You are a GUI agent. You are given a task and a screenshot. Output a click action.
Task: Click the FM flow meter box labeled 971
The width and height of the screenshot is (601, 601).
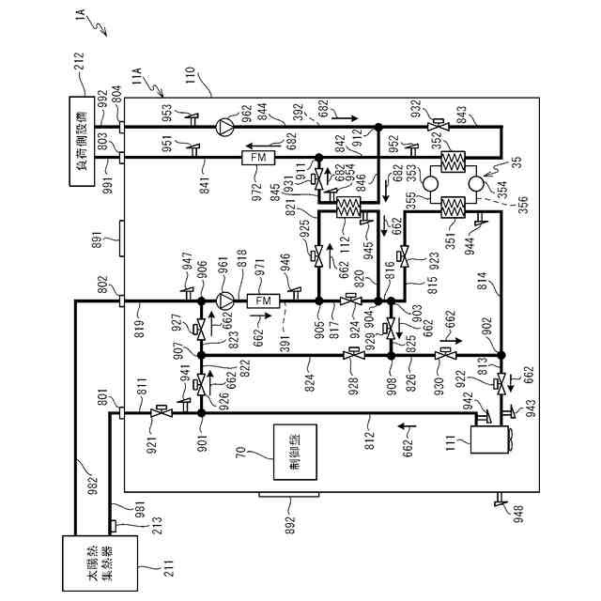[x=261, y=300]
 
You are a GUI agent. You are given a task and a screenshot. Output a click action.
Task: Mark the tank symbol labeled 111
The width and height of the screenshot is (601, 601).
[x=488, y=436]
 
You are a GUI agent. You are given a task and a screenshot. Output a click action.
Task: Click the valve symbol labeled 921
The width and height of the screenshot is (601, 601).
[x=159, y=413]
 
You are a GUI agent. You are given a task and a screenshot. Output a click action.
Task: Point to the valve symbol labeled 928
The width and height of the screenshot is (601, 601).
[x=354, y=355]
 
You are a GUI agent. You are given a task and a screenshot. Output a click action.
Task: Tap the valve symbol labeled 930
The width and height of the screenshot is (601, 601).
[x=441, y=355]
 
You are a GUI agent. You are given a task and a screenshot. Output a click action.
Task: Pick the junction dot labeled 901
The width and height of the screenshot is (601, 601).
[x=200, y=413]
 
